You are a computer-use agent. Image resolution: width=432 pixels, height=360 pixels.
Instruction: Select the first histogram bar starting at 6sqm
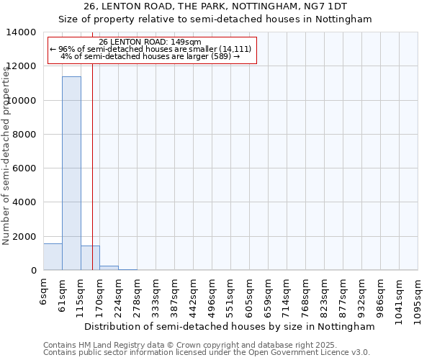click(x=53, y=257)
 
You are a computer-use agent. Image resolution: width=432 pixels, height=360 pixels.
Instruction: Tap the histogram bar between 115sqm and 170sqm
click(x=90, y=258)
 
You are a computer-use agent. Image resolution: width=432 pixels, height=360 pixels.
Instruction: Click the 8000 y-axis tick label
click(x=24, y=135)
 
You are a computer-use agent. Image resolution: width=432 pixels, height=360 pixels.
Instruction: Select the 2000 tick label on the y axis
click(x=24, y=237)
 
